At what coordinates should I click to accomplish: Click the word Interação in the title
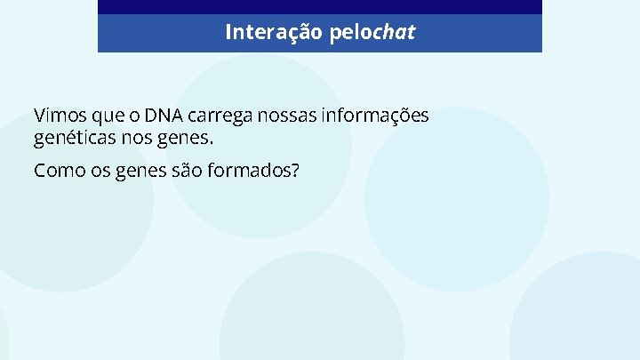coord(263,33)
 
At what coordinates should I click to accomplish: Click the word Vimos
coord(55,116)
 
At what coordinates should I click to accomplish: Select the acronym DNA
coord(164,116)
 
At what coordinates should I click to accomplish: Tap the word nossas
coord(284,116)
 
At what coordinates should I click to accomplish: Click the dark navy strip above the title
coord(319,6)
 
